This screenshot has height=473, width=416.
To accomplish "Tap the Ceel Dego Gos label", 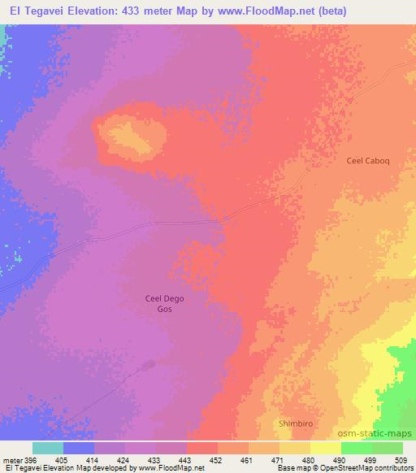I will pos(164,304).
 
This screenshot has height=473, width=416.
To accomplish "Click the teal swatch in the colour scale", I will pos(48,448).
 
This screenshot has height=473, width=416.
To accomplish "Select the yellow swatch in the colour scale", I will pos(326,448).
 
